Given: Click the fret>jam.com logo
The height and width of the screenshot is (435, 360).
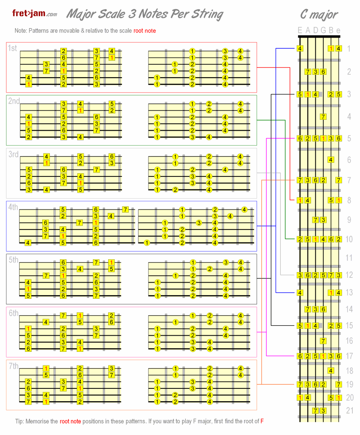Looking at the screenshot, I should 34,14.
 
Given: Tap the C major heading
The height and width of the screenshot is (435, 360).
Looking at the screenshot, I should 319,14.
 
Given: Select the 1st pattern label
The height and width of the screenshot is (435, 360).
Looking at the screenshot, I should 12,48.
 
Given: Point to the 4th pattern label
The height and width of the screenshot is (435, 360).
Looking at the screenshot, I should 13,207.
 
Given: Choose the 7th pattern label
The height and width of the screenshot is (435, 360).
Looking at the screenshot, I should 13,366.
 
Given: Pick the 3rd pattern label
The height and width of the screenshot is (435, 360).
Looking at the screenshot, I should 13,154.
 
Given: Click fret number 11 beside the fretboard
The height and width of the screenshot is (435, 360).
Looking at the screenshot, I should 349,258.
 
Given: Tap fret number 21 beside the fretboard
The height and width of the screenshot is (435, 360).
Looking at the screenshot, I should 349,410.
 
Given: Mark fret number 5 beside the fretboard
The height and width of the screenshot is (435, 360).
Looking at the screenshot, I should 349,139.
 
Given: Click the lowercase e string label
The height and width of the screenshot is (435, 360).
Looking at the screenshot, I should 338,30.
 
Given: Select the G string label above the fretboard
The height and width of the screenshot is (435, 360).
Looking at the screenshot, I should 323,30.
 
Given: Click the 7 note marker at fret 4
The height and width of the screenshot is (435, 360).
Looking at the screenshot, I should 323,117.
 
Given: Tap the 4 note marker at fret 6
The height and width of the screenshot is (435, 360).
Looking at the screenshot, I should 331,160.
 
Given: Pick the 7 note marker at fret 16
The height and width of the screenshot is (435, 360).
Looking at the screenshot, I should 323,341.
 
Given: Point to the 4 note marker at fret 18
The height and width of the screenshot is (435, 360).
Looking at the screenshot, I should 331,370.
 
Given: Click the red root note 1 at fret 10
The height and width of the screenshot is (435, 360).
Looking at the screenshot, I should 315,239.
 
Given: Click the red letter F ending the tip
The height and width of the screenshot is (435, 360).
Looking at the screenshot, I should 262,421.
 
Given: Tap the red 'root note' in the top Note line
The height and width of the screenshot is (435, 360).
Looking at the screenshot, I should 144,31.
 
